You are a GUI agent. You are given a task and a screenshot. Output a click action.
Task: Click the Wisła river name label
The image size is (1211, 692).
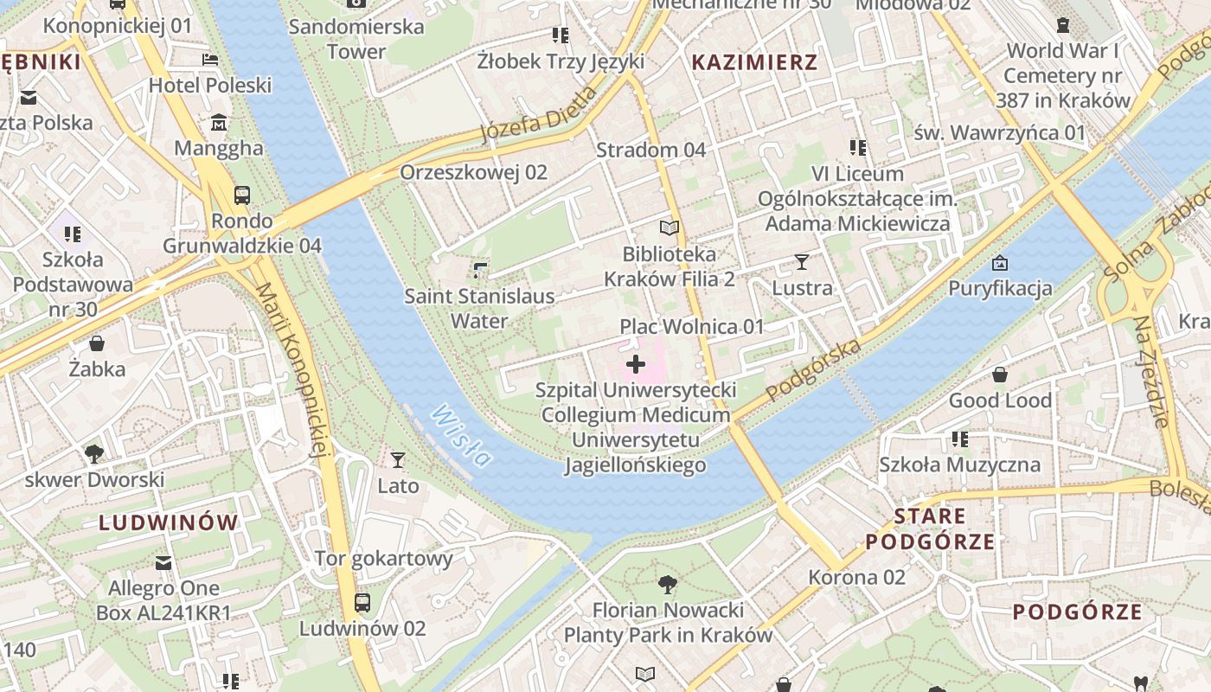[x=460, y=435]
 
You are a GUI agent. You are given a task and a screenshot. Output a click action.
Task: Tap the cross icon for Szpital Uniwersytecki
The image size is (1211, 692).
[x=636, y=364]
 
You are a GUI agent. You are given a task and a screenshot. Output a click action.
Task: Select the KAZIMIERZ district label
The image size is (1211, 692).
[x=754, y=62]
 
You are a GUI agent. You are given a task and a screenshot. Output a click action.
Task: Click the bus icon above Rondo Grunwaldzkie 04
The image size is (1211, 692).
[x=242, y=195]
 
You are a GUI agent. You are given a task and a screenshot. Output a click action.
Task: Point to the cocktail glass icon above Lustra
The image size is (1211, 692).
[x=802, y=261]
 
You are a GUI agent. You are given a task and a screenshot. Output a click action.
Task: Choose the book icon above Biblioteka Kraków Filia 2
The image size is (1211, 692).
[x=670, y=228]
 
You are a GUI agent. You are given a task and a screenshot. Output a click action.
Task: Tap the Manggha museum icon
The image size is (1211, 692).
[x=219, y=122]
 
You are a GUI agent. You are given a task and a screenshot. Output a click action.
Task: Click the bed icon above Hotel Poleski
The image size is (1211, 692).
[x=210, y=60]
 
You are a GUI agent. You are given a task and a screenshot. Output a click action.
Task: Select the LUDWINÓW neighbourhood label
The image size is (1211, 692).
[x=168, y=522]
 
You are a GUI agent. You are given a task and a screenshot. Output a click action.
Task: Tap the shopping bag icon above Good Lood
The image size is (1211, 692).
[x=1000, y=375]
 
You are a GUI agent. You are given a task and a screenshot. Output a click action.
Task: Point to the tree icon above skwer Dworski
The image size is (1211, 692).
[x=94, y=453]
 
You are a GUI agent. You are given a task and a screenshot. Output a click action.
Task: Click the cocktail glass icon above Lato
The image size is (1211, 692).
[x=398, y=459]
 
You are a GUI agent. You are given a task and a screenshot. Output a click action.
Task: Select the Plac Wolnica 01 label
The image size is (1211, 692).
[x=692, y=326]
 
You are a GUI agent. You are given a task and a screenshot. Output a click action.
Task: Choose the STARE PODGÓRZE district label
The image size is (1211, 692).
[x=930, y=529]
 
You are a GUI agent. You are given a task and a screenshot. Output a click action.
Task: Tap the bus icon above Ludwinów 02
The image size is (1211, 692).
[x=362, y=602]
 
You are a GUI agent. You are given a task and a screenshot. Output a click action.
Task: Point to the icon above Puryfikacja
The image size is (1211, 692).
[x=1000, y=262]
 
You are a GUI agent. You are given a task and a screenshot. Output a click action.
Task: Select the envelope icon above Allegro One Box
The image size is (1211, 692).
[x=163, y=563]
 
